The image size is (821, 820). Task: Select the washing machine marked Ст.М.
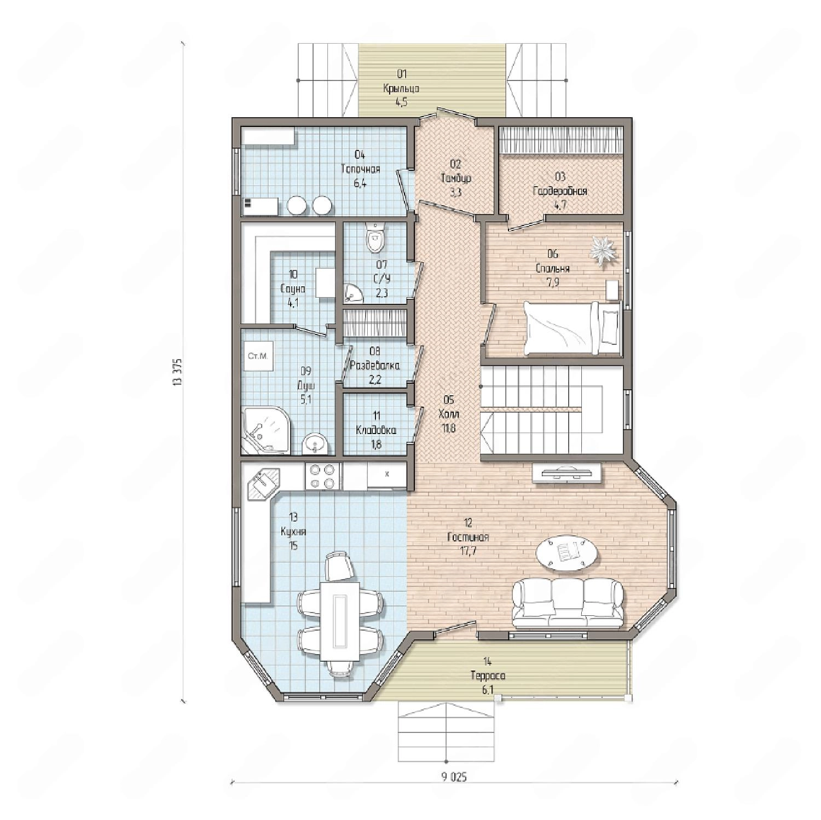(258, 356)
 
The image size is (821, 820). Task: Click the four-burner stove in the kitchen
(322, 476)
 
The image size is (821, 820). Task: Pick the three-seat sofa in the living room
(568, 603)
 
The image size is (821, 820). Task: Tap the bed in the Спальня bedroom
(573, 328)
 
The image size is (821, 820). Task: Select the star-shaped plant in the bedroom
(603, 250)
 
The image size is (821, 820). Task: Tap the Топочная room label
(360, 169)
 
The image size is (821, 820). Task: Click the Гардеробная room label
(560, 191)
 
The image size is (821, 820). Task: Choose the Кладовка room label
(376, 430)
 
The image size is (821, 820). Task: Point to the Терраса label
(488, 676)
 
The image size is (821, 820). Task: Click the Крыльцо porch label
(401, 88)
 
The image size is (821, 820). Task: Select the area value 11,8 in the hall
(449, 428)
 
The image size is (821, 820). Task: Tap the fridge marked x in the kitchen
(386, 475)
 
